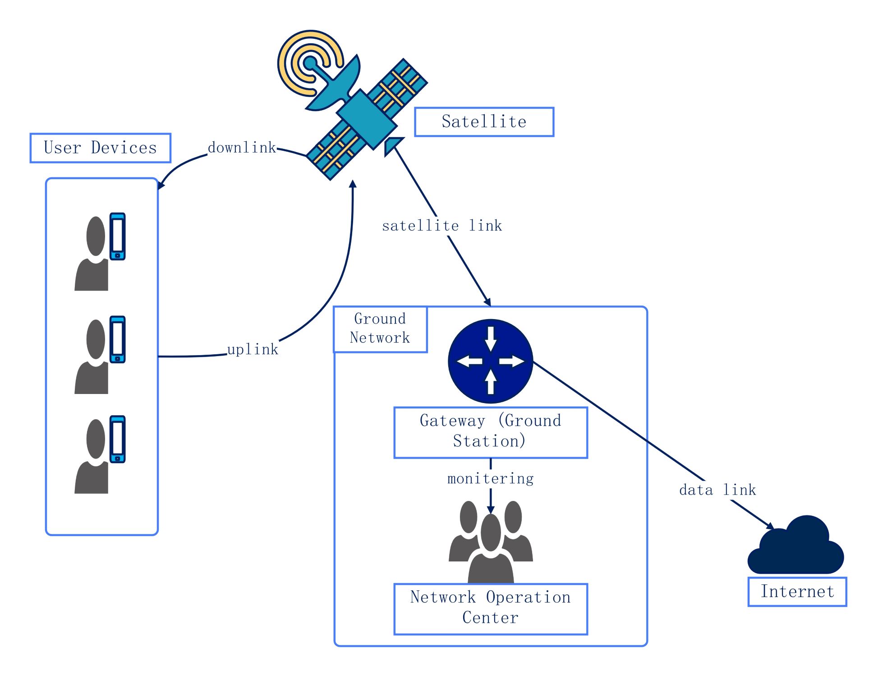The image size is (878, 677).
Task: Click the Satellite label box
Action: point(483,122)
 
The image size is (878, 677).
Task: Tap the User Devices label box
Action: point(100,148)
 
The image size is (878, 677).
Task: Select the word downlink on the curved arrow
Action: point(242,148)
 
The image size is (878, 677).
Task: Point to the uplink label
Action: point(253,349)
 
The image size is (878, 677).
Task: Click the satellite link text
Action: point(441,226)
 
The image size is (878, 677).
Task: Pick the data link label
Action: point(717,490)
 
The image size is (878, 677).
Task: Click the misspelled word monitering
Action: point(490,478)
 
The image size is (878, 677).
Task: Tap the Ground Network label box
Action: point(380,329)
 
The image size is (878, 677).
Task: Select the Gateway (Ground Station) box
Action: point(490,432)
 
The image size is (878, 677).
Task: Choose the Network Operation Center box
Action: point(490,608)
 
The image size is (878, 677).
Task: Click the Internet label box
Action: point(797,591)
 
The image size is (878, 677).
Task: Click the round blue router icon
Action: point(490,361)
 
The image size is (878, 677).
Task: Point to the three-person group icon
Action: point(490,542)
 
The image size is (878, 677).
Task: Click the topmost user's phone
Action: point(118,236)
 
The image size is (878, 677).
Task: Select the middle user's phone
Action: point(118,339)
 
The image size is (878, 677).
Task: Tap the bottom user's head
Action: point(96,439)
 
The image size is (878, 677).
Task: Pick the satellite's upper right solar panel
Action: point(397,86)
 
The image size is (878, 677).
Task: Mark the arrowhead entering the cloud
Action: point(770,526)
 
